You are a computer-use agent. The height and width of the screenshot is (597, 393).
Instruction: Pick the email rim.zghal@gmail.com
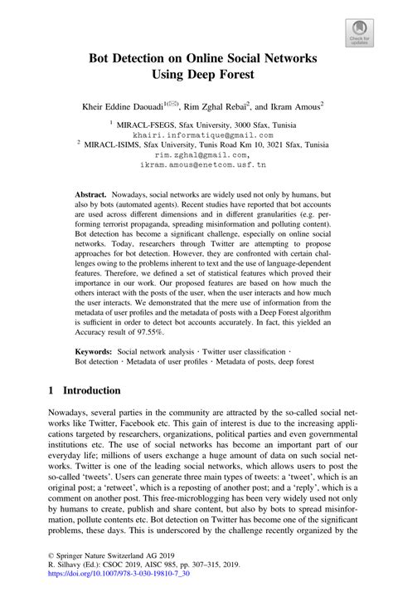click(x=196, y=154)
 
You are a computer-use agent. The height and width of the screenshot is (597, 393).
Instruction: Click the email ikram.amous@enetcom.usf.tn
click(x=196, y=165)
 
